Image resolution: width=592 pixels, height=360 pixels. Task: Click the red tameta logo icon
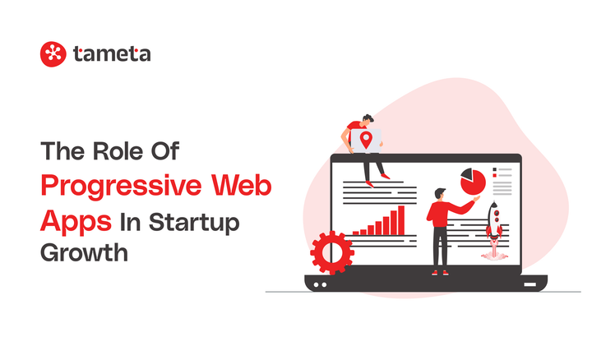(x=53, y=54)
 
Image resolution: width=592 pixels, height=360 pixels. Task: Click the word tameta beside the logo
(x=111, y=55)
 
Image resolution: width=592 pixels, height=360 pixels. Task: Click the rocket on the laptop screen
(x=494, y=219)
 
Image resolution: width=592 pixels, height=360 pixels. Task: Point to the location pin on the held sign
(x=366, y=140)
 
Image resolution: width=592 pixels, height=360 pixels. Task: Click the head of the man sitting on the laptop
(x=368, y=119)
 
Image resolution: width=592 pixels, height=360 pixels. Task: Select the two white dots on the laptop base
(x=319, y=284)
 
